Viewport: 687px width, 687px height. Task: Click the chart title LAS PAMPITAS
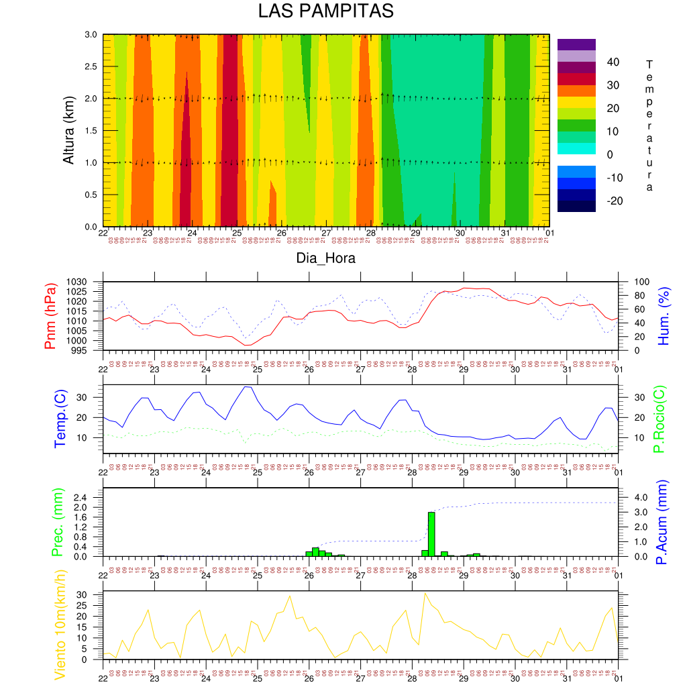pyautogui.click(x=325, y=11)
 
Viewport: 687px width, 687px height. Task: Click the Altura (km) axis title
pyautogui.click(x=68, y=130)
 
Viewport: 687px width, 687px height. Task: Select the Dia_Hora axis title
pyautogui.click(x=326, y=258)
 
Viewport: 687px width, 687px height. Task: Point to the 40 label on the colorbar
pyautogui.click(x=613, y=62)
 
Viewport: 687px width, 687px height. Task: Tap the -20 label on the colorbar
pyautogui.click(x=615, y=201)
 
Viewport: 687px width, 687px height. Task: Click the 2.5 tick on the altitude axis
pyautogui.click(x=91, y=66)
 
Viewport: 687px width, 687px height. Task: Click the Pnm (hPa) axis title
pyautogui.click(x=50, y=315)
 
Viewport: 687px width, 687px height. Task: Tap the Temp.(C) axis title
pyautogui.click(x=60, y=419)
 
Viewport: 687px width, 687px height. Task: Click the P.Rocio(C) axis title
pyautogui.click(x=659, y=419)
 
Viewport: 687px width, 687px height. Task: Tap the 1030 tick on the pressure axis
pyautogui.click(x=87, y=282)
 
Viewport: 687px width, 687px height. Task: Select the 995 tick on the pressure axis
pyautogui.click(x=89, y=350)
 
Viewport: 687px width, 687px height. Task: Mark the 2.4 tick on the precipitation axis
pyautogui.click(x=90, y=497)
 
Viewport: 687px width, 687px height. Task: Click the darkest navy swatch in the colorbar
pyautogui.click(x=576, y=207)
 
